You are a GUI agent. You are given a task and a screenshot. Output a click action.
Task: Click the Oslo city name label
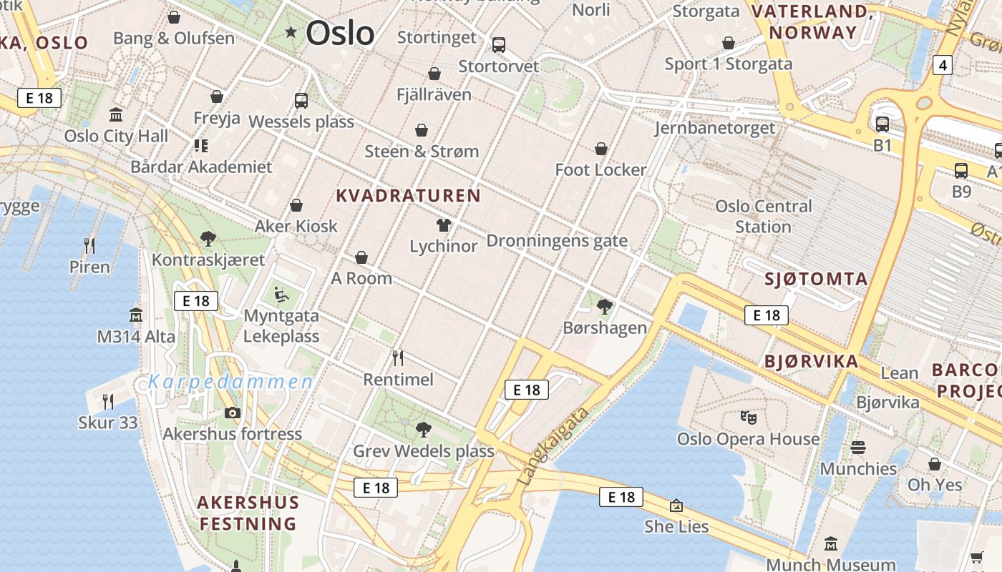pyautogui.click(x=340, y=33)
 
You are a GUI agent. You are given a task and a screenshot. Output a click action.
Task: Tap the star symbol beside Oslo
pyautogui.click(x=291, y=31)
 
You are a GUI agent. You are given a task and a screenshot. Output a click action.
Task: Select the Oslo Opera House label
pyautogui.click(x=748, y=438)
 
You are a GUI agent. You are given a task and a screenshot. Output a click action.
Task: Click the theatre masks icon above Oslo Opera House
pyautogui.click(x=748, y=416)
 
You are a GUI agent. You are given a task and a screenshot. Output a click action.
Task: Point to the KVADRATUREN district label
pyautogui.click(x=408, y=195)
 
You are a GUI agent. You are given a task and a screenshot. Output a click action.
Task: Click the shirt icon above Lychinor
pyautogui.click(x=443, y=226)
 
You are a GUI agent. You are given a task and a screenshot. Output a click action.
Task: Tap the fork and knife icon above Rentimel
pyautogui.click(x=398, y=357)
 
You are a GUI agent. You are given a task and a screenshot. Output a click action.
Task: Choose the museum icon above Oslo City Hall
pyautogui.click(x=116, y=114)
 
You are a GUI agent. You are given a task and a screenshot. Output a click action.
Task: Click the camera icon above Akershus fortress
pyautogui.click(x=232, y=413)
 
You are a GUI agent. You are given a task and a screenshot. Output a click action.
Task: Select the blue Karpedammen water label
pyautogui.click(x=230, y=382)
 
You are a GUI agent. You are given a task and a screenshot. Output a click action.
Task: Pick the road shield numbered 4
pyautogui.click(x=943, y=65)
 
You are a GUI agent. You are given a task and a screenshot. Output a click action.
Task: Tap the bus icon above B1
pyautogui.click(x=882, y=124)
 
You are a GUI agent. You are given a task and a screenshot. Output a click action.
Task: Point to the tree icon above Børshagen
pyautogui.click(x=605, y=307)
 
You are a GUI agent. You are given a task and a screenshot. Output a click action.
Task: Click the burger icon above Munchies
pyautogui.click(x=858, y=448)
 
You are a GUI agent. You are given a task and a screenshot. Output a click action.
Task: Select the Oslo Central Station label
pyautogui.click(x=763, y=216)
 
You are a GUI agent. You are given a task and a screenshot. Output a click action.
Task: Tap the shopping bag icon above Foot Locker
pyautogui.click(x=601, y=149)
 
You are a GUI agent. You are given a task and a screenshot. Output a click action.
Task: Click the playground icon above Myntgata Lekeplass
pyautogui.click(x=281, y=294)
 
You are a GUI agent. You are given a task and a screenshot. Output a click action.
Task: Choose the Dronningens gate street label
pyautogui.click(x=557, y=241)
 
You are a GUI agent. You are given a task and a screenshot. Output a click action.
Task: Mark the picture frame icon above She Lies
pyautogui.click(x=676, y=506)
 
